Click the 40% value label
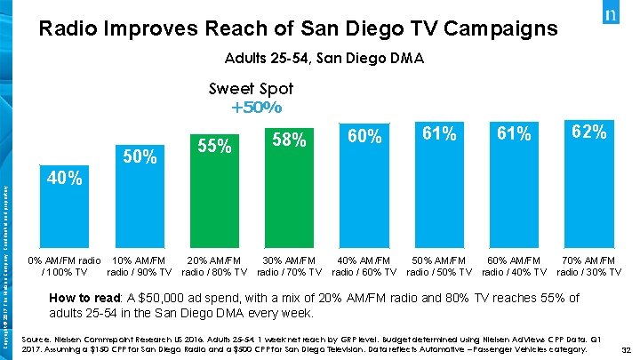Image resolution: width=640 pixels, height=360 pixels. pyautogui.click(x=66, y=179)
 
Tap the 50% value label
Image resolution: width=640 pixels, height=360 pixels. pyautogui.click(x=140, y=157)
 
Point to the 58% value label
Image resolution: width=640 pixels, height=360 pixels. pyautogui.click(x=289, y=140)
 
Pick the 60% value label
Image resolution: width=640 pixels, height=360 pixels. pyautogui.click(x=364, y=136)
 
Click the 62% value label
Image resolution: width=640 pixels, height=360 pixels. pyautogui.click(x=588, y=132)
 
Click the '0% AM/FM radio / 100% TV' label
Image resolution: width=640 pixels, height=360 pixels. pyautogui.click(x=65, y=265)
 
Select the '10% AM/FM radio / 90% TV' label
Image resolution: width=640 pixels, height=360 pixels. pyautogui.click(x=140, y=265)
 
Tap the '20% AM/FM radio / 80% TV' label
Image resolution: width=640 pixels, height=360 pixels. pyautogui.click(x=214, y=265)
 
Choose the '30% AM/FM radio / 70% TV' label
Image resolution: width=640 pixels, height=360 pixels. pyautogui.click(x=290, y=265)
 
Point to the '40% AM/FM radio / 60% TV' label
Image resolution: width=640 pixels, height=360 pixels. pyautogui.click(x=364, y=265)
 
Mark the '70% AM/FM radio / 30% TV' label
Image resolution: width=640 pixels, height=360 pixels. pyautogui.click(x=588, y=265)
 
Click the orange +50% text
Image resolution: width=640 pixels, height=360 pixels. pyautogui.click(x=256, y=108)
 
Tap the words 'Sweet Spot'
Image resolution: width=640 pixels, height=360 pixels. pyautogui.click(x=251, y=89)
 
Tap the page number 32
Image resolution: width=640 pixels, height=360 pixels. pyautogui.click(x=625, y=351)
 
